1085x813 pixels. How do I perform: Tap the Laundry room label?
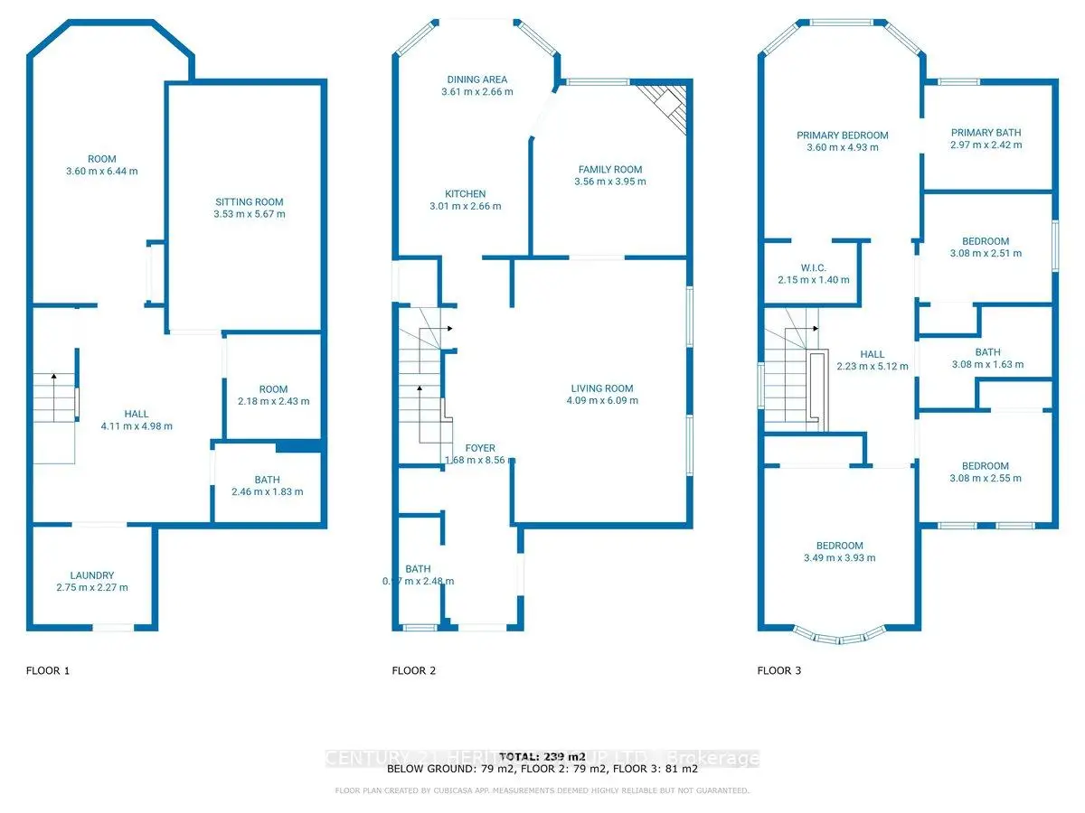(x=92, y=575)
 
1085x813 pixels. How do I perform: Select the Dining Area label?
(x=476, y=79)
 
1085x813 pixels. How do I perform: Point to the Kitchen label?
(x=465, y=193)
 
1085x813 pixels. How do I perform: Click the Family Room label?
(x=610, y=169)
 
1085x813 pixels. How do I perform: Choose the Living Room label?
(x=600, y=388)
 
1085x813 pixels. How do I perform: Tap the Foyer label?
(x=480, y=448)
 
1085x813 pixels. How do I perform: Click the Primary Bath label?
(x=986, y=133)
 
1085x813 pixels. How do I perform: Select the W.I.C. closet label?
(x=814, y=267)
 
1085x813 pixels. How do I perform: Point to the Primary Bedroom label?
(x=842, y=135)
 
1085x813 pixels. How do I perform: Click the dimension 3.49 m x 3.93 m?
(x=840, y=558)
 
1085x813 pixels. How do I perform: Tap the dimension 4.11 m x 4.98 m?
(x=137, y=426)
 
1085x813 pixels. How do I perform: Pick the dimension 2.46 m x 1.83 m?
(x=267, y=492)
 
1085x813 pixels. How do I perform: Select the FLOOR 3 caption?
(x=778, y=670)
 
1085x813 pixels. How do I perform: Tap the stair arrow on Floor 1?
(x=53, y=378)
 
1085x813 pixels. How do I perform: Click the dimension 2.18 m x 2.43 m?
(x=274, y=402)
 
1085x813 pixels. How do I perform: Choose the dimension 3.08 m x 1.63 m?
(x=987, y=365)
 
